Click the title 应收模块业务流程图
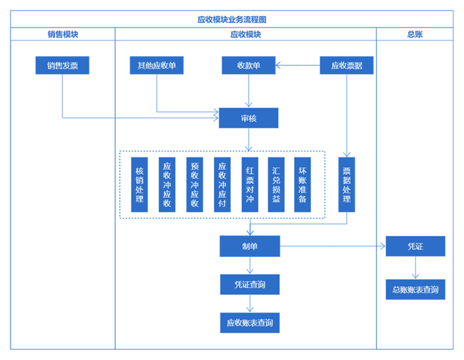[x=232, y=19]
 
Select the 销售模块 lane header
[x=63, y=34]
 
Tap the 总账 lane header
[x=415, y=34]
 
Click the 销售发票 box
[x=62, y=66]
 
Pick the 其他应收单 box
[x=157, y=66]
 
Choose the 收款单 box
[x=249, y=66]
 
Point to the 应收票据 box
[x=346, y=66]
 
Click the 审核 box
[x=249, y=118]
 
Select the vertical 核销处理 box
[x=140, y=184]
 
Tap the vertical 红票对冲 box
[x=249, y=184]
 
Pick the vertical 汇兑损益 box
[x=276, y=184]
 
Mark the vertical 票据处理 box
[x=347, y=184]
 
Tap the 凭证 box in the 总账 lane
[x=415, y=246]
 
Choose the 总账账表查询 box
[x=415, y=289]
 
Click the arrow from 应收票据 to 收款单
[x=298, y=66]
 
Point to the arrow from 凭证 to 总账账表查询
[x=415, y=268]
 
